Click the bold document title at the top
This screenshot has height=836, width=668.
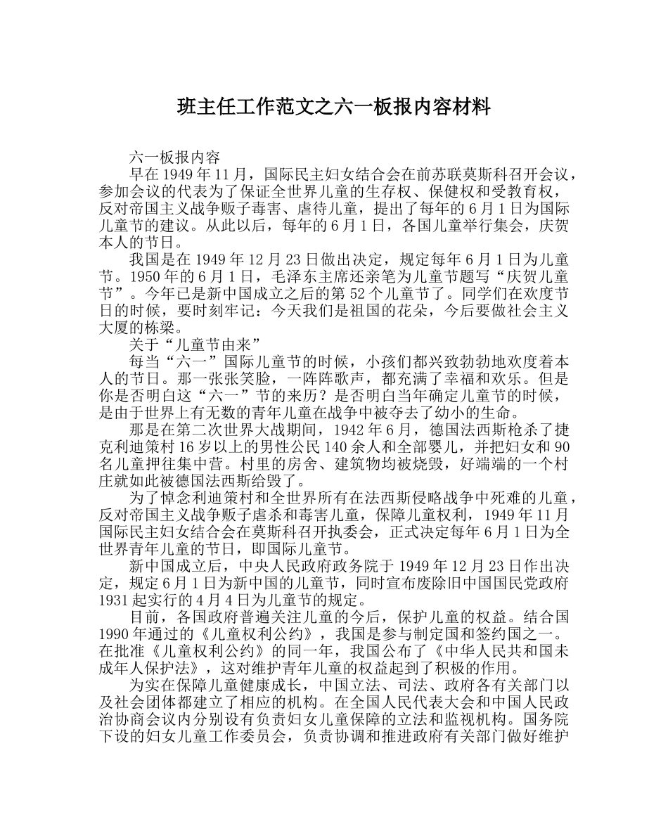click(x=333, y=107)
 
